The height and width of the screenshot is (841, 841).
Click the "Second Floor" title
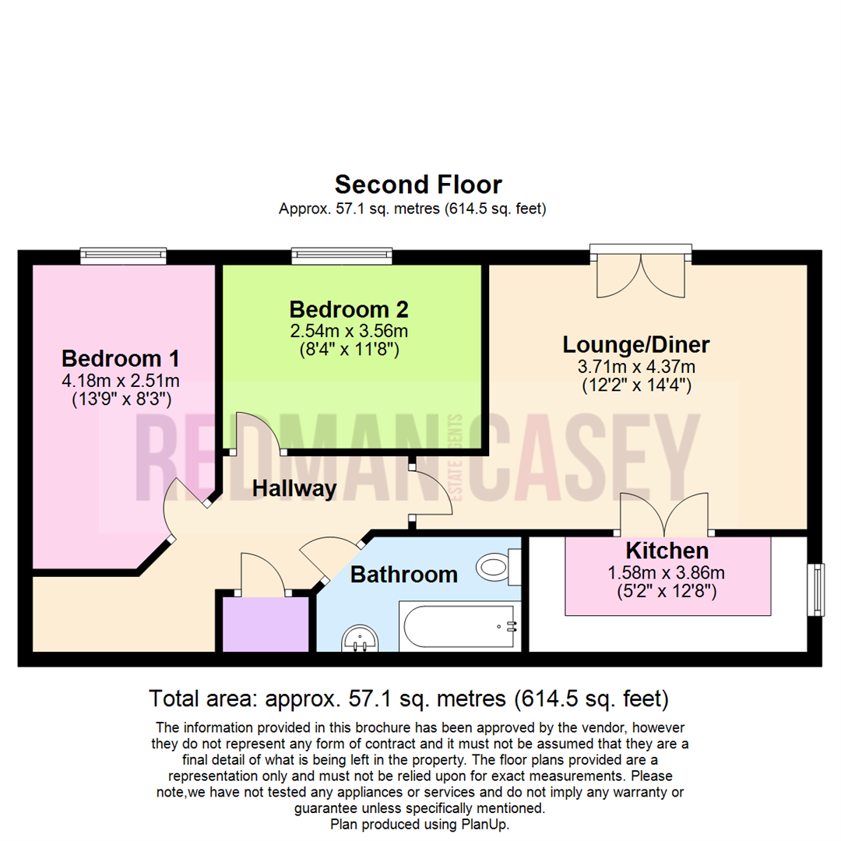(x=418, y=185)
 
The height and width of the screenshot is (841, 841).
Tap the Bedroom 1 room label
(x=121, y=359)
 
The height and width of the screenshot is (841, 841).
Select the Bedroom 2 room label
(x=349, y=309)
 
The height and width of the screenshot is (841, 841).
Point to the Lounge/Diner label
(x=636, y=344)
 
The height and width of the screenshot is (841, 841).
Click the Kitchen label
(x=667, y=551)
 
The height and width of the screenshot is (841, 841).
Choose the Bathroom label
(x=403, y=575)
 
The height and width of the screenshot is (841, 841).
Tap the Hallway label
(x=294, y=489)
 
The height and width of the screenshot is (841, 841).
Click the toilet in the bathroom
(x=498, y=566)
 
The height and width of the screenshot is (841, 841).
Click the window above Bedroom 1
(x=124, y=255)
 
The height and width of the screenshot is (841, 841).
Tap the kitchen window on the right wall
(x=815, y=589)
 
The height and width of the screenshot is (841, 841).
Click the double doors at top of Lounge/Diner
(x=641, y=273)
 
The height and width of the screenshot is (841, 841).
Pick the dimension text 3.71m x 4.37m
(x=636, y=366)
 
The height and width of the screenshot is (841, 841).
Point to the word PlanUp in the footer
(x=484, y=824)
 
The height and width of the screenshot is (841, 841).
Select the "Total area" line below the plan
(x=408, y=698)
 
